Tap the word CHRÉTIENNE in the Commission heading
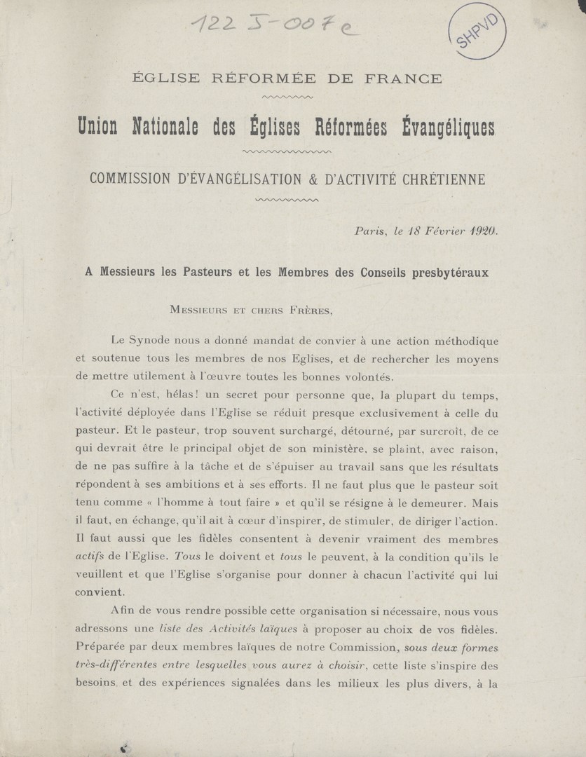pyautogui.click(x=441, y=179)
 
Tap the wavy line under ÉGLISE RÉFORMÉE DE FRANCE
pyautogui.click(x=286, y=97)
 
